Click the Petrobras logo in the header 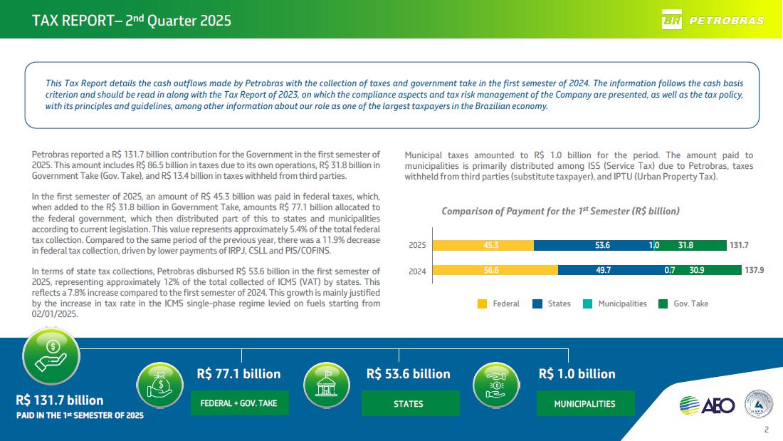713,20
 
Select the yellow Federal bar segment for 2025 483,245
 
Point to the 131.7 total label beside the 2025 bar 739,245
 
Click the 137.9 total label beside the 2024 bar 754,270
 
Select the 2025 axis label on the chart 417,246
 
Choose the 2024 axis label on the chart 417,271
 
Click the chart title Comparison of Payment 560,211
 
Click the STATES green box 408,403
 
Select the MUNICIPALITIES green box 584,403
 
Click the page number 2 766,430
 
